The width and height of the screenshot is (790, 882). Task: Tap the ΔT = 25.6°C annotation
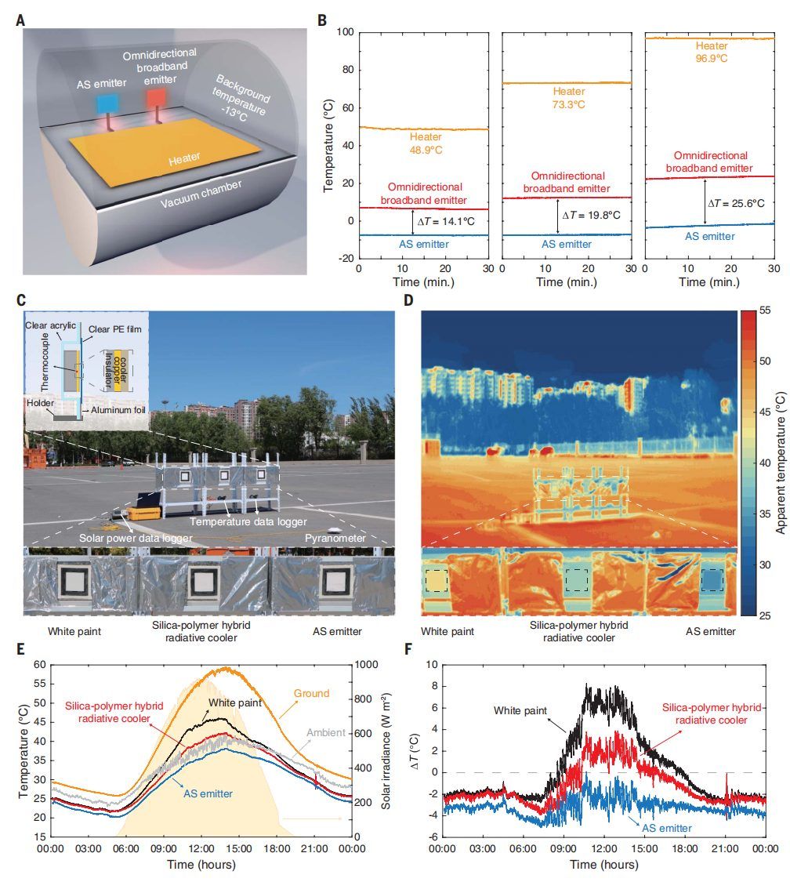click(737, 203)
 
